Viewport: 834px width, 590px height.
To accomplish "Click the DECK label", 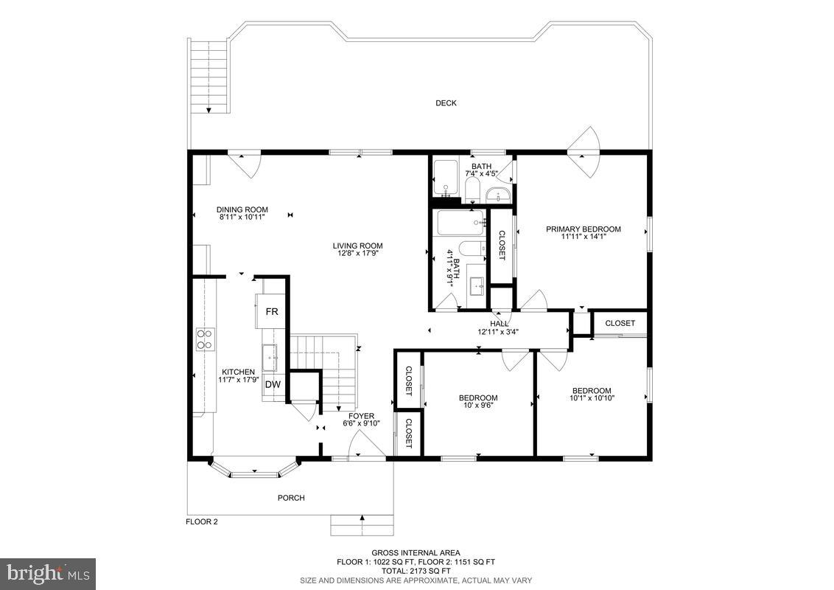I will pyautogui.click(x=446, y=103).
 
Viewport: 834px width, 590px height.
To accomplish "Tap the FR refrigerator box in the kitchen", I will pyautogui.click(x=272, y=311).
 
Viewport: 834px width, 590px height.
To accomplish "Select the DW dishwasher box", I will pyautogui.click(x=273, y=384).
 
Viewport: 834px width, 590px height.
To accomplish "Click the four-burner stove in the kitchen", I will pyautogui.click(x=205, y=339).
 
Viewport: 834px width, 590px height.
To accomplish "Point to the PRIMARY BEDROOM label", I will pyautogui.click(x=583, y=229).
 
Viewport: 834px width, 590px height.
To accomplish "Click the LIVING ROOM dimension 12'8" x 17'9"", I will pyautogui.click(x=357, y=254).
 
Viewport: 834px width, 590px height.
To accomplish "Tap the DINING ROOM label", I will pyautogui.click(x=242, y=209).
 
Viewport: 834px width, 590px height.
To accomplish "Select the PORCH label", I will pyautogui.click(x=291, y=498).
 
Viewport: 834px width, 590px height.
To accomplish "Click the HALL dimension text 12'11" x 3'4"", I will pyautogui.click(x=498, y=332).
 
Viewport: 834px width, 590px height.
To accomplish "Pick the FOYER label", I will pyautogui.click(x=361, y=416).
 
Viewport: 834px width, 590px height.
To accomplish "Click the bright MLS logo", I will pyautogui.click(x=48, y=573).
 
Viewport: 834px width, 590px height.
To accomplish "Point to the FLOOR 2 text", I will pyautogui.click(x=201, y=521).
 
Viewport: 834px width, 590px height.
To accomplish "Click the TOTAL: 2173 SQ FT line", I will pyautogui.click(x=416, y=571).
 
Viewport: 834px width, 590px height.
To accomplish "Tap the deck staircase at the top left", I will pyautogui.click(x=208, y=76).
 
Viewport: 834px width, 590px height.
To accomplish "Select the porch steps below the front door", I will pyautogui.click(x=362, y=525).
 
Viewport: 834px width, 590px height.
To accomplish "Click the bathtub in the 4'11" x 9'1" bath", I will pyautogui.click(x=460, y=222).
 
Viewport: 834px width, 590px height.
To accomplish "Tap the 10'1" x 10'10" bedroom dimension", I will pyautogui.click(x=592, y=398).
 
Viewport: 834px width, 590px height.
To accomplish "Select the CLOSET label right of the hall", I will pyautogui.click(x=620, y=323).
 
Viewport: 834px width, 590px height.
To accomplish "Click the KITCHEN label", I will pyautogui.click(x=239, y=372).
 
